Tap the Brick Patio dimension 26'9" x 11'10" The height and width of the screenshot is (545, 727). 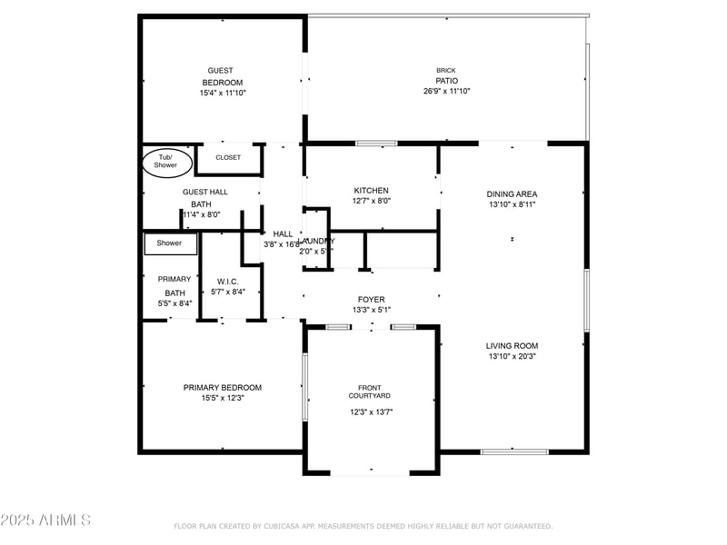(446, 91)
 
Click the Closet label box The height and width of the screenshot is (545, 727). (228, 157)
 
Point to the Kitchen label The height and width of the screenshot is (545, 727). (371, 191)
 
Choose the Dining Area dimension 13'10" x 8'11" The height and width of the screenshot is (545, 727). (512, 205)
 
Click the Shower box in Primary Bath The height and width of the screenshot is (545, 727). (170, 243)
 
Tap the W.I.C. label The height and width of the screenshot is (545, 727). (227, 281)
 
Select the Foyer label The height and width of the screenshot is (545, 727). (371, 300)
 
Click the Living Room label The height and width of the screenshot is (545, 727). (512, 345)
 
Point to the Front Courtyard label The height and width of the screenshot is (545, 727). (371, 391)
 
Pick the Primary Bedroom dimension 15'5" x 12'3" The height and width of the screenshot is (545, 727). (223, 398)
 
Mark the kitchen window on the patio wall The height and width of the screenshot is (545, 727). (375, 143)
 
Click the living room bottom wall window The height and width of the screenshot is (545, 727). (513, 451)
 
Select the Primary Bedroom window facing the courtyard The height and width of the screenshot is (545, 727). (305, 387)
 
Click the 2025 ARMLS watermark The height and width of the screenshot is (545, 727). (45, 520)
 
